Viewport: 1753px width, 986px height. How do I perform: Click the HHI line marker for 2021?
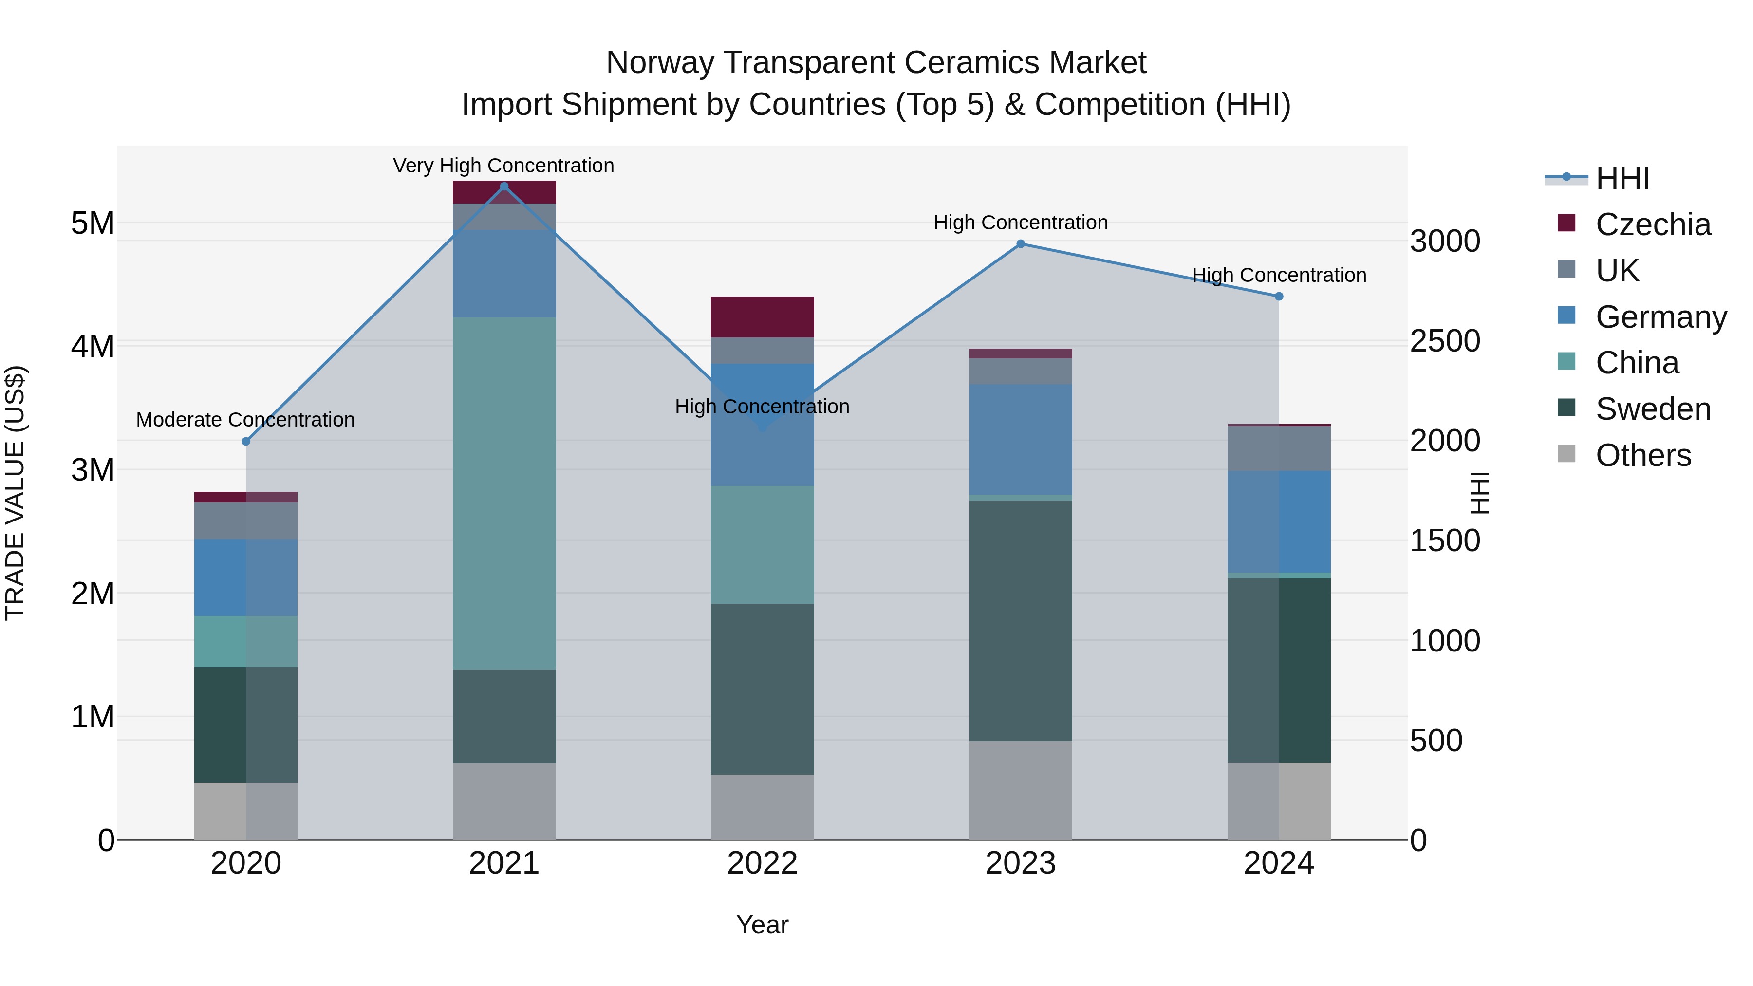tap(504, 186)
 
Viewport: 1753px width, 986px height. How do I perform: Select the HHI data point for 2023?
tap(1021, 243)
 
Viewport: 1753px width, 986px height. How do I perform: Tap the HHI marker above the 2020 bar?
tap(246, 442)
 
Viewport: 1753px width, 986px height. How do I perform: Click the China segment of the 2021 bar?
tap(504, 493)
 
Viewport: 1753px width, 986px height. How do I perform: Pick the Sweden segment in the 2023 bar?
tap(1021, 621)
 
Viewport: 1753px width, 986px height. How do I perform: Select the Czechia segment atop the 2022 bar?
tap(762, 317)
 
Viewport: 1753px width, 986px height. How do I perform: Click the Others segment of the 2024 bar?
tap(1279, 801)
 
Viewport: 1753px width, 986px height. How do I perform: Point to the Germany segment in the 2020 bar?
tap(246, 577)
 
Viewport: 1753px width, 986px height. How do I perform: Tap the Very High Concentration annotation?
tap(504, 166)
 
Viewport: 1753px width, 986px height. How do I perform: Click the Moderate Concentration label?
tap(246, 420)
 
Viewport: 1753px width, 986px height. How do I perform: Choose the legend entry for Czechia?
tap(1652, 224)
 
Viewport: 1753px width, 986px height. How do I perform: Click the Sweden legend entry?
tap(1652, 409)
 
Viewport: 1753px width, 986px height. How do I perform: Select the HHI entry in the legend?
tap(1622, 178)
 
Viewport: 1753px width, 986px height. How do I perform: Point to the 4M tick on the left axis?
tap(93, 346)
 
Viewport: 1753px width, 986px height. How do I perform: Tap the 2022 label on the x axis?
tap(762, 863)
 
